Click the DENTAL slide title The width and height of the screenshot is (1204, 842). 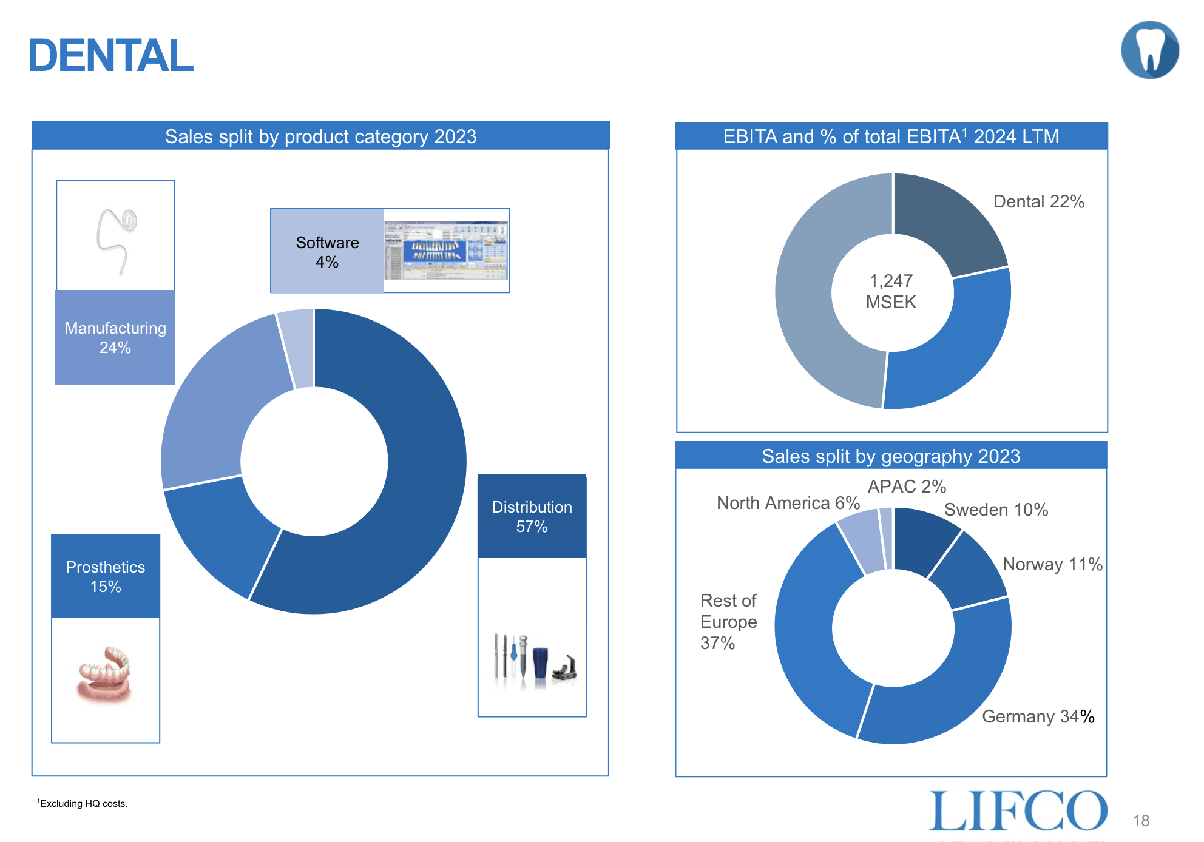point(110,56)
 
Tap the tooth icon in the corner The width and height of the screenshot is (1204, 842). point(1149,50)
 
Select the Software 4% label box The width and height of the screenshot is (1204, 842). point(327,252)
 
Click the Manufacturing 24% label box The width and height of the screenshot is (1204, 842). point(115,337)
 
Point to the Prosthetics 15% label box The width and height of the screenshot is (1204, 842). point(106,576)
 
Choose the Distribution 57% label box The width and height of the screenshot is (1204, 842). point(532,516)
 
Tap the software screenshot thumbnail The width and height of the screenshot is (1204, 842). point(445,251)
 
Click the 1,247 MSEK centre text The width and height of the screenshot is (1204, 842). point(891,291)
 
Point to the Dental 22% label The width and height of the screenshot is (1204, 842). point(1038,201)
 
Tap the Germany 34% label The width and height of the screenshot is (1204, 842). point(1038,716)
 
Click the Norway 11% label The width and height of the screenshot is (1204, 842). point(1052,564)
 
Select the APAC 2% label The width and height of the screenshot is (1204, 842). point(907,487)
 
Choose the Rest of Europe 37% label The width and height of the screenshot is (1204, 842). point(728,622)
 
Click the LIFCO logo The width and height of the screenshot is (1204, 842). point(1018,810)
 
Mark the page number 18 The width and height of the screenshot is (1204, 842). point(1141,821)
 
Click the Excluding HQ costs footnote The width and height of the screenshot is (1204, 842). point(83,803)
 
